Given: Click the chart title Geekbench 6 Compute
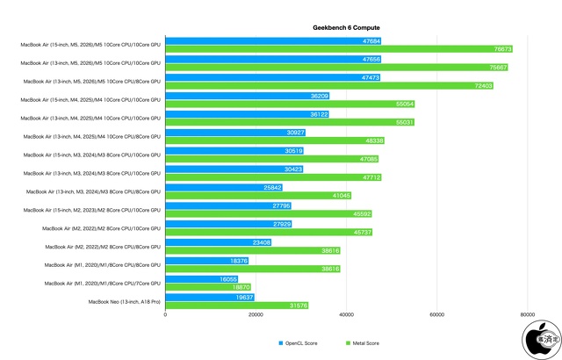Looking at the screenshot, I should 346,28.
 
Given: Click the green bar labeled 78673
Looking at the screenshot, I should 343,49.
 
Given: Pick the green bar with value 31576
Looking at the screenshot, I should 236,306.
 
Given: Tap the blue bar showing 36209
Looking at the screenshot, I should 247,96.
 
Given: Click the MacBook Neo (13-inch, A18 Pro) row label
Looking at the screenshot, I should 124,301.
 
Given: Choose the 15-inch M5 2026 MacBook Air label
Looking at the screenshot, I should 91,45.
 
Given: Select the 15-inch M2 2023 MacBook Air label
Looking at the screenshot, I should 91,209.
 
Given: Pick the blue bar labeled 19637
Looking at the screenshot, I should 209,297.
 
